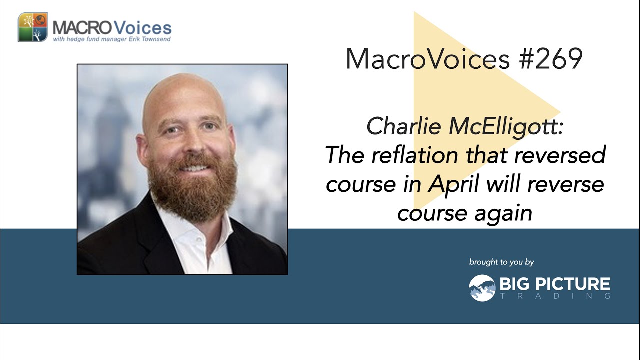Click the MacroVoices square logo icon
pos(33,27)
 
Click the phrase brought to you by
pos(501,262)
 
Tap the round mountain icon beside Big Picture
pos(482,288)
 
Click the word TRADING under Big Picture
pos(555,296)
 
